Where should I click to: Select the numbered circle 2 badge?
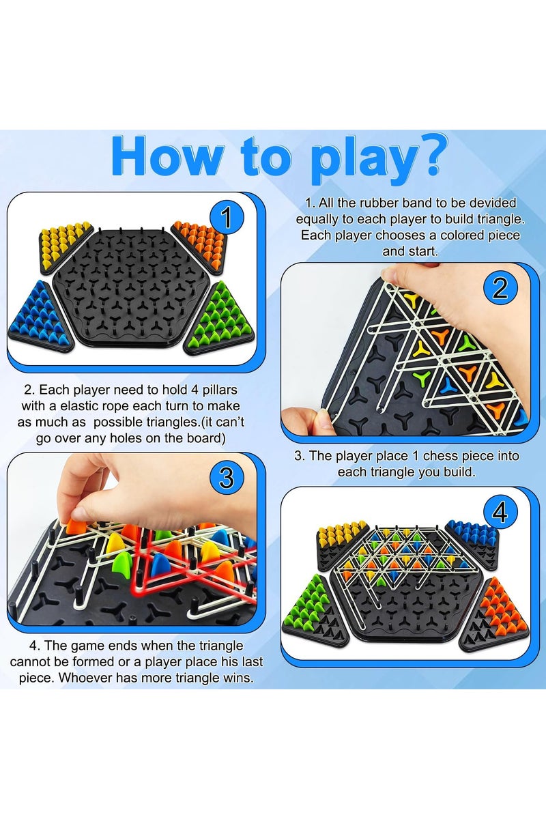(x=500, y=289)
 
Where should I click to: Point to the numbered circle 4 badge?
(x=500, y=511)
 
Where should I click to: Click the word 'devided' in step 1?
(x=491, y=203)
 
